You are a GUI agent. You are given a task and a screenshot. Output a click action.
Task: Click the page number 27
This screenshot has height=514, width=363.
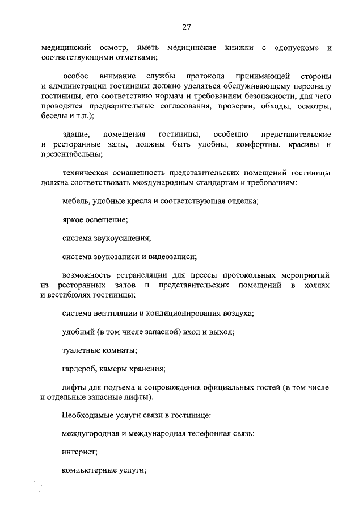pyautogui.click(x=185, y=27)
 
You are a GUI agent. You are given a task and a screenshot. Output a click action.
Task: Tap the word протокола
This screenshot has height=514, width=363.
pyautogui.click(x=206, y=76)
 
